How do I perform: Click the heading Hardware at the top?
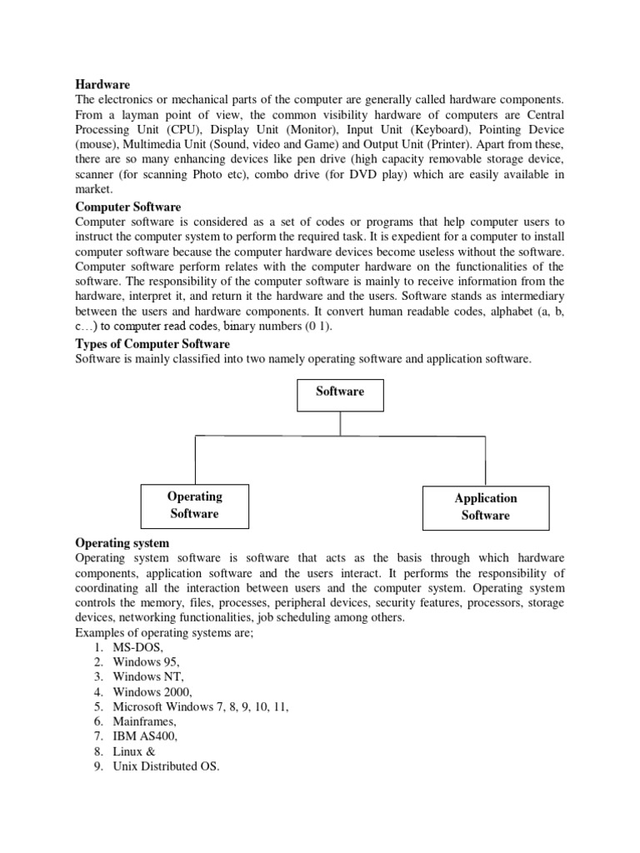tap(103, 84)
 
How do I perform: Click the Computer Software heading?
tap(128, 207)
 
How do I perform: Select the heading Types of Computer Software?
tap(152, 344)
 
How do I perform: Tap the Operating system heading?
tap(122, 543)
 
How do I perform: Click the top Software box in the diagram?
tap(340, 392)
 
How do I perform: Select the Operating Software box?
tap(194, 506)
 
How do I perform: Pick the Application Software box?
tap(486, 507)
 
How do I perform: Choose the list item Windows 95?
tap(146, 662)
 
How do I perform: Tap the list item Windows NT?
tap(147, 677)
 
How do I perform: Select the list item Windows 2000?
tap(152, 692)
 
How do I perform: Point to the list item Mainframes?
tap(145, 722)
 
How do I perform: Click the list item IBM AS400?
tap(146, 737)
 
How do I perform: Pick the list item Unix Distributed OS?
tap(166, 767)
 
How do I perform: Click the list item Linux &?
tap(134, 752)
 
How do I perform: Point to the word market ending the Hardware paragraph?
tap(92, 190)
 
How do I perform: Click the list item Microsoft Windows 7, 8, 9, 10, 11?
tap(201, 707)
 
